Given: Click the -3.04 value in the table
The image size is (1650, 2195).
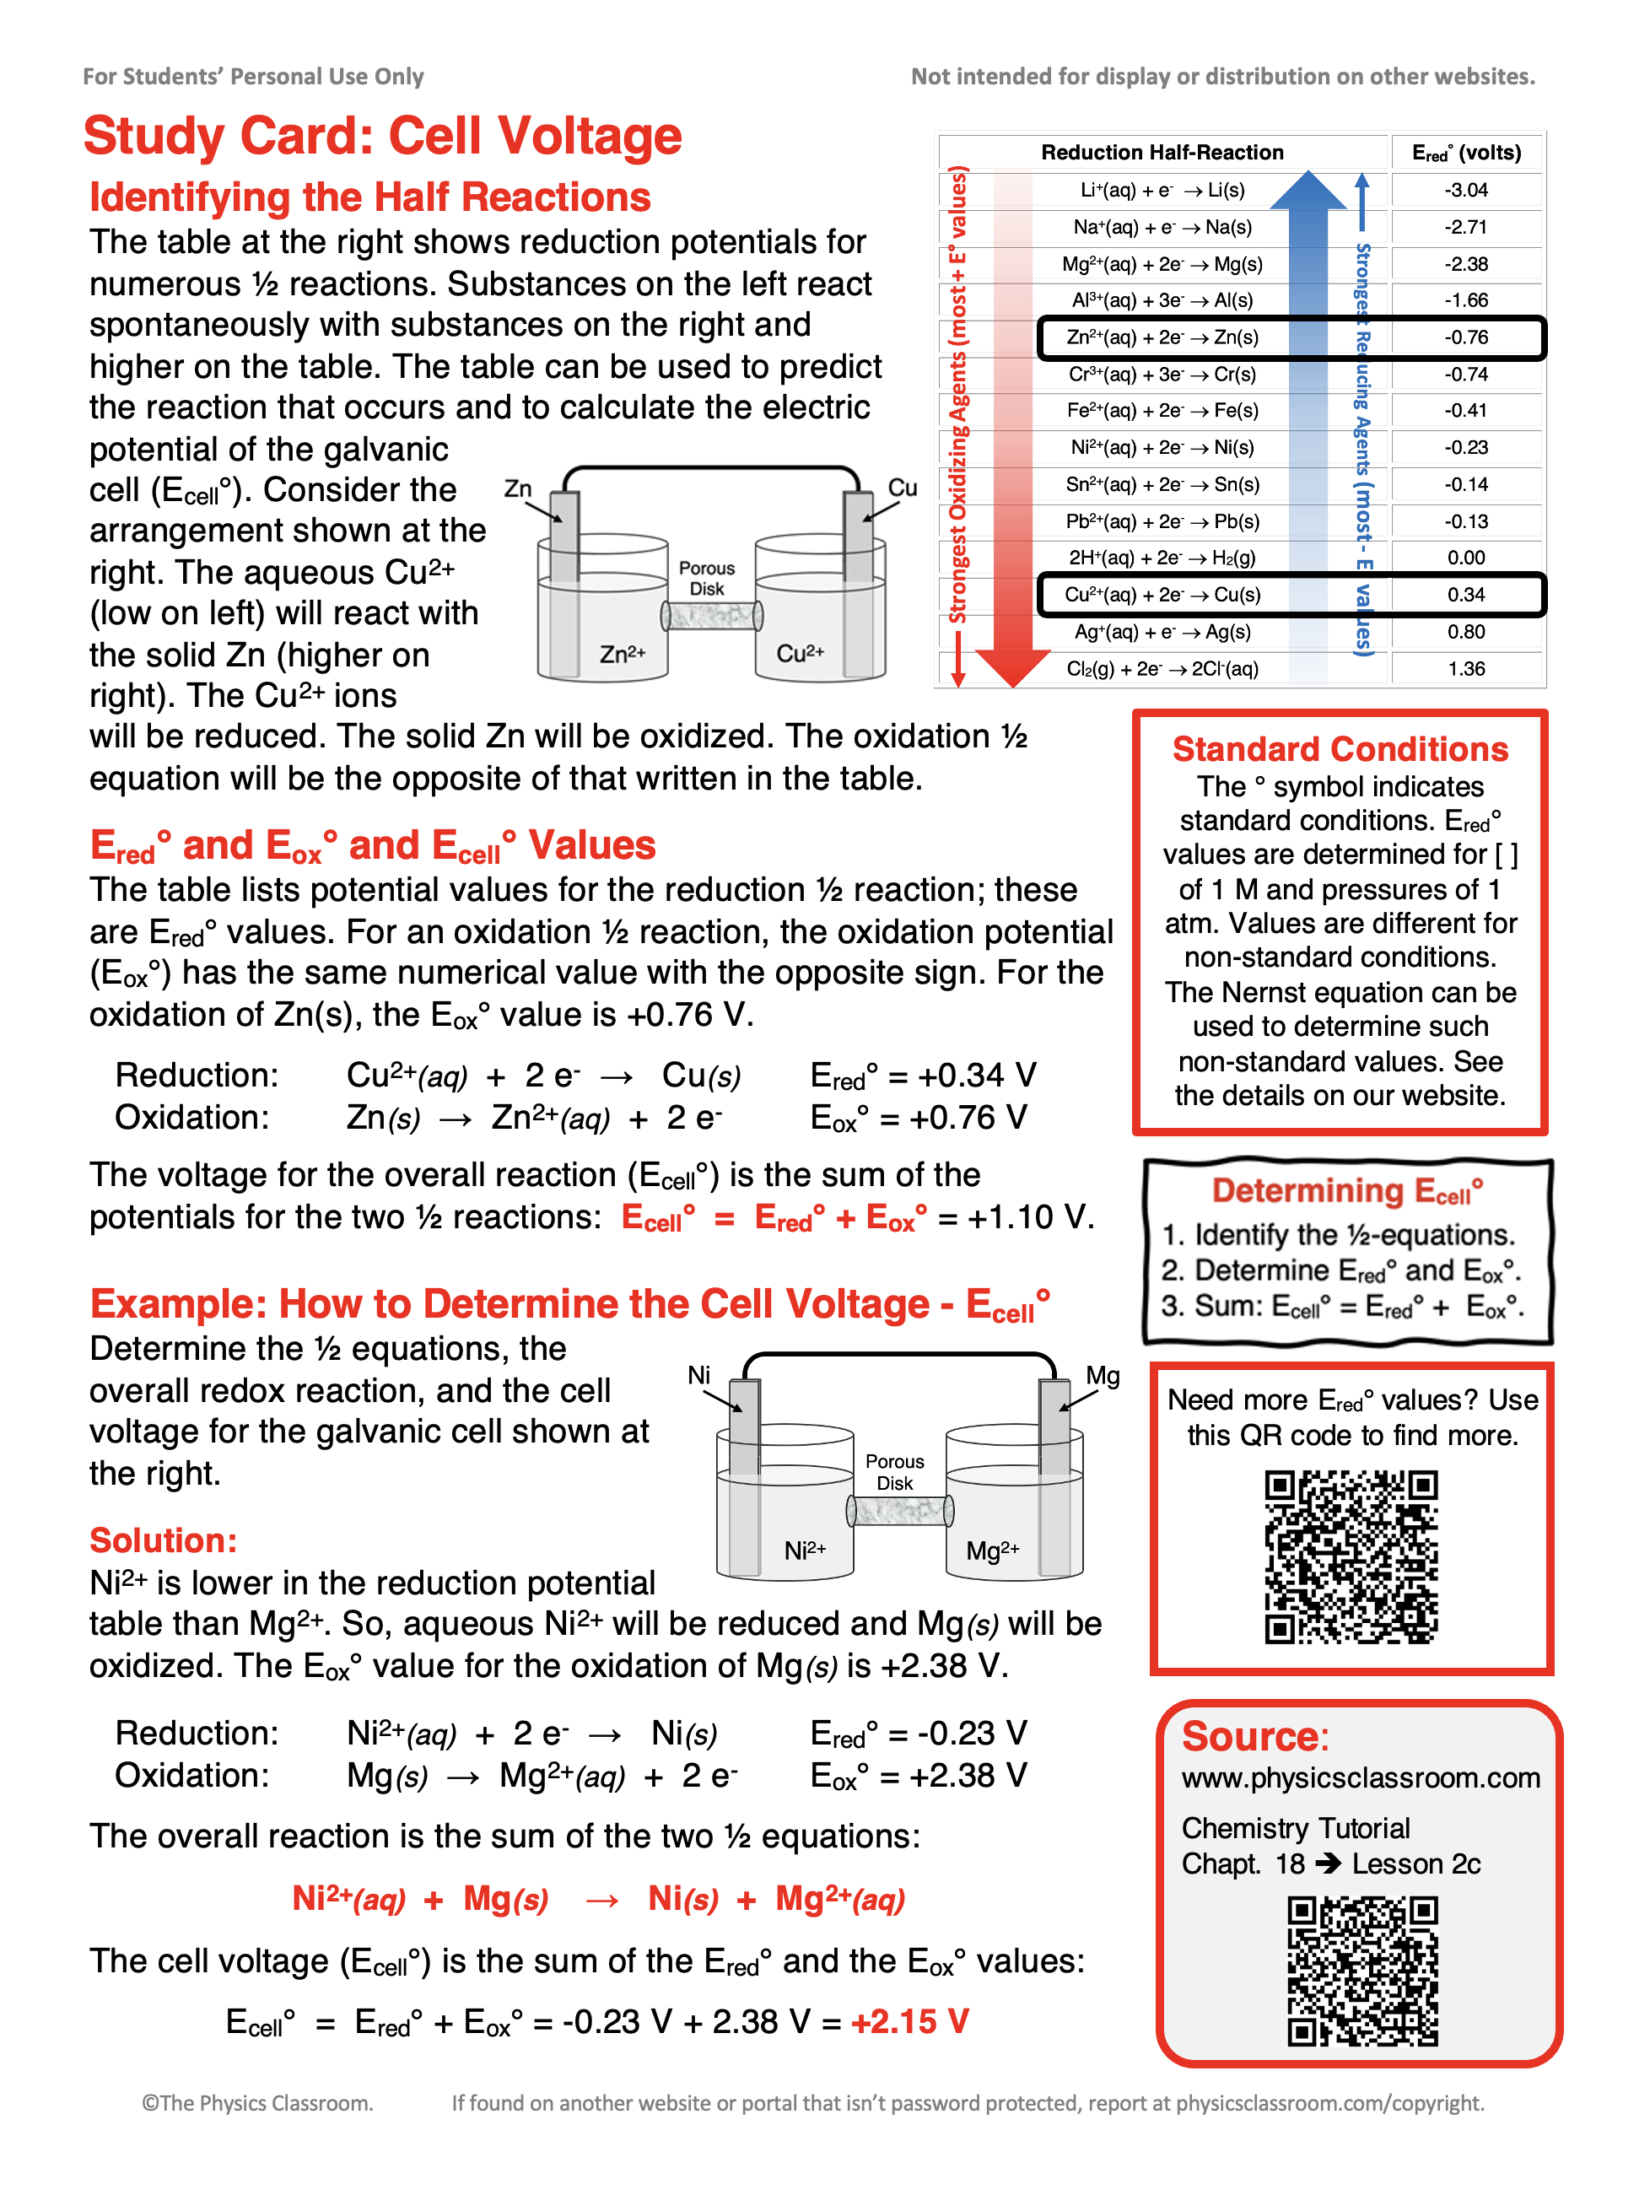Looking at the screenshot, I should coord(1464,190).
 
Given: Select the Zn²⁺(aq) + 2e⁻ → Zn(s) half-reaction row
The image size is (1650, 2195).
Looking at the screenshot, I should coord(1162,337).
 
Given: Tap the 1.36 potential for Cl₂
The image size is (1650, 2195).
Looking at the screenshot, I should coord(1464,669).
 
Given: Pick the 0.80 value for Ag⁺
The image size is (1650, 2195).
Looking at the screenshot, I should coord(1464,632).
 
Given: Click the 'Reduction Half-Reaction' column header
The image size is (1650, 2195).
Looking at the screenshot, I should coord(1161,152).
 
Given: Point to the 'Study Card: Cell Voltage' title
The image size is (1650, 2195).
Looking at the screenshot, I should coord(382,136).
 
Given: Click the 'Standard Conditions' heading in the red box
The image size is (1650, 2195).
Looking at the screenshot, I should coord(1340,749).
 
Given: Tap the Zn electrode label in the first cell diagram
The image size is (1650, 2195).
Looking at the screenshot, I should coord(518,488).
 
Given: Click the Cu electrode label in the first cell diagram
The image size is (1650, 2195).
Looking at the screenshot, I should coord(902,488).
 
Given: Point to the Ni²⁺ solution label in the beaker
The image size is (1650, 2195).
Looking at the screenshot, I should coord(804,1550).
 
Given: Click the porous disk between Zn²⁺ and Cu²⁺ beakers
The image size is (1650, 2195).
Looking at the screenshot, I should coord(711,615).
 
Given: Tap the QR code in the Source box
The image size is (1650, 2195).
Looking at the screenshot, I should coord(1362,1970).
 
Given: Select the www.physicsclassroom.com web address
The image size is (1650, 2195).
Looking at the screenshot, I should coord(1361,1777).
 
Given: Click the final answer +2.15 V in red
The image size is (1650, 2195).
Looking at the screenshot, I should coord(909,2021).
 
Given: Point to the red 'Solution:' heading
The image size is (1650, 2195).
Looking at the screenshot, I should coord(164,1540).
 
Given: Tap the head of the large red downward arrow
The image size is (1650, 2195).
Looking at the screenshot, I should coord(1012,666).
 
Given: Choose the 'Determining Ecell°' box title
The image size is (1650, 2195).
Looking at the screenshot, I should coord(1346,1191).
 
